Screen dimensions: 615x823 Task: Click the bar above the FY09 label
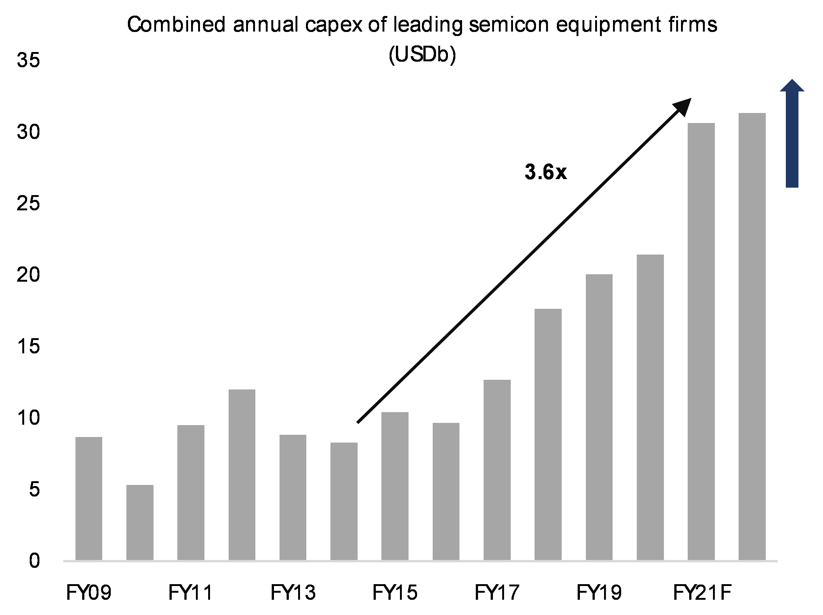88,498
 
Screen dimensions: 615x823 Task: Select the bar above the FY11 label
190,492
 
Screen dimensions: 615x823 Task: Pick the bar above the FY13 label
293,497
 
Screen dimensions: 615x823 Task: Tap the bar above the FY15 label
395,486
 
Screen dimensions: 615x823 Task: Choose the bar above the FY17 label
497,470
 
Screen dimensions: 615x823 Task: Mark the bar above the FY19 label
599,417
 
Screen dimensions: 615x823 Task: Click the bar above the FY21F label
701,342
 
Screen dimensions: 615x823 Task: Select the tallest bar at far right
752,336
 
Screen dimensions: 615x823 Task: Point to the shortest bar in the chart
140,522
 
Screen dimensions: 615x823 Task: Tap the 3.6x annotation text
545,172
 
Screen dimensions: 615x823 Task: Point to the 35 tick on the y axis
28,60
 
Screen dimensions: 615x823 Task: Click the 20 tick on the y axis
28,275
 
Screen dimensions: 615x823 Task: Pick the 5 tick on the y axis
34,489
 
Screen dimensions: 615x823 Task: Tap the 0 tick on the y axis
34,560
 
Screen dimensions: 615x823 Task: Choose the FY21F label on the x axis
702,593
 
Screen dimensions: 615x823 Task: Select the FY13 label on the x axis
293,593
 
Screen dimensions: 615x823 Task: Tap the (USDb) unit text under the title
422,55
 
